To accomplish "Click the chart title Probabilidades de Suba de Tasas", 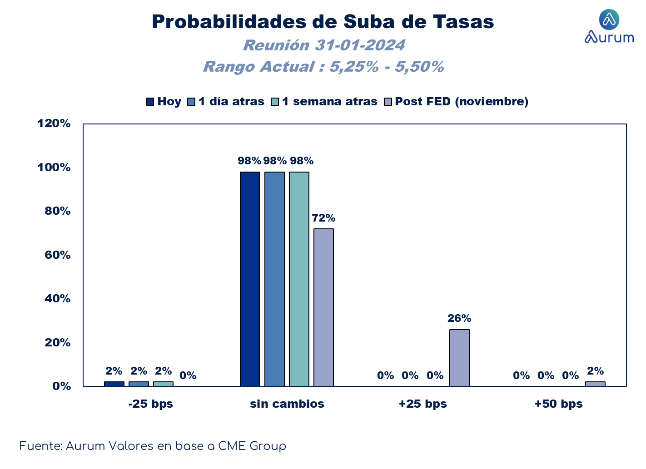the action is pyautogui.click(x=323, y=22).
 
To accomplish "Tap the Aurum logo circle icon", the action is pyautogui.click(x=609, y=20).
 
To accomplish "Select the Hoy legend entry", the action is pyautogui.click(x=164, y=101).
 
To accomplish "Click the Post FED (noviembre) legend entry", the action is pyautogui.click(x=456, y=101).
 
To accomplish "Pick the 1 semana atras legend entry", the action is pyautogui.click(x=324, y=101).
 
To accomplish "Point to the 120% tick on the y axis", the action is pyautogui.click(x=54, y=123).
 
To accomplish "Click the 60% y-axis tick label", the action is pyautogui.click(x=57, y=255).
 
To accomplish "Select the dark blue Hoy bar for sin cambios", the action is pyautogui.click(x=250, y=279).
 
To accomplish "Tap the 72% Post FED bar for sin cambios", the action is pyautogui.click(x=323, y=307).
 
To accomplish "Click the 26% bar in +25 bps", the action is pyautogui.click(x=459, y=358).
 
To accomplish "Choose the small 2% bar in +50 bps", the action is pyautogui.click(x=595, y=384).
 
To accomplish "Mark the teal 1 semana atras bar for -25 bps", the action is pyautogui.click(x=163, y=384).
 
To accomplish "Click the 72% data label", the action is pyautogui.click(x=323, y=218).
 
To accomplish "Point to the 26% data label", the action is pyautogui.click(x=459, y=318).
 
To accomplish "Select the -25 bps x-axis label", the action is pyautogui.click(x=150, y=404).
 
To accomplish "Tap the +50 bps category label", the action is pyautogui.click(x=559, y=404).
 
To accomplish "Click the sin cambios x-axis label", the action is pyautogui.click(x=287, y=404).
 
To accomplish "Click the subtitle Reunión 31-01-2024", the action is pyautogui.click(x=324, y=45).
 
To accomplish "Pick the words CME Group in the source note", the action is pyautogui.click(x=252, y=446).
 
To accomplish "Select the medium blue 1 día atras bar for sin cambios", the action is pyautogui.click(x=274, y=279).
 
